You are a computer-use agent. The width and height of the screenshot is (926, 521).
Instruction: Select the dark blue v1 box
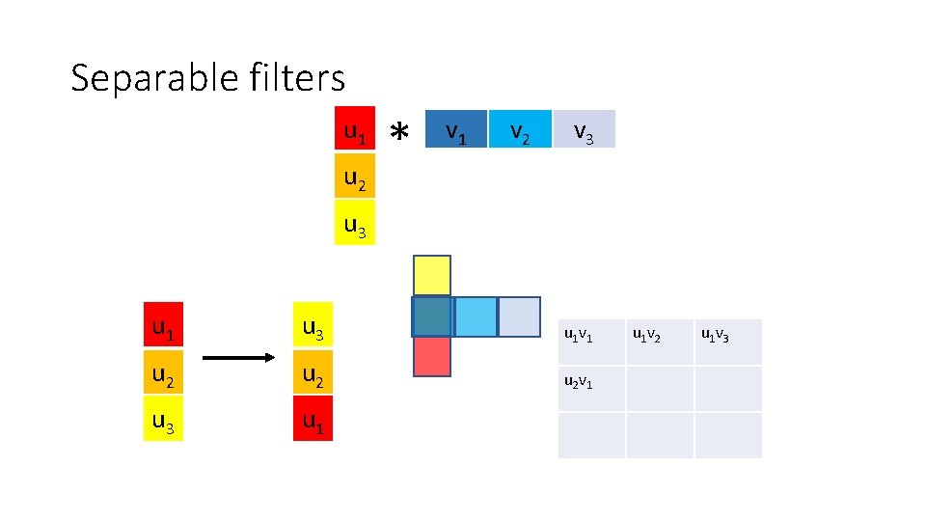tap(455, 129)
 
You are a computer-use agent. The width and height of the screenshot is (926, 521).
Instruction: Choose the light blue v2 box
tap(519, 129)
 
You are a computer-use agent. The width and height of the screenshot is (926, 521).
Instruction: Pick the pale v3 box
tap(584, 129)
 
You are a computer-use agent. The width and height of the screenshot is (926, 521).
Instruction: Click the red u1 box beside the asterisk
tap(355, 129)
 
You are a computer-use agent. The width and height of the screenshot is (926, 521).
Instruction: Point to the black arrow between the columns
tap(240, 358)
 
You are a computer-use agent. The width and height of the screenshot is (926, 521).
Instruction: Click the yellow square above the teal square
tap(432, 275)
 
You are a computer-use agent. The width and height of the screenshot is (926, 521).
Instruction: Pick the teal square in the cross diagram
tap(432, 316)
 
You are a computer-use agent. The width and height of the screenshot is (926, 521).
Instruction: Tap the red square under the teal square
tap(432, 356)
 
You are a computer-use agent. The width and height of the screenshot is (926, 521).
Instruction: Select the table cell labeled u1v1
tap(591, 342)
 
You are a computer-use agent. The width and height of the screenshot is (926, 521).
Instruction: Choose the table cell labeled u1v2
tap(660, 342)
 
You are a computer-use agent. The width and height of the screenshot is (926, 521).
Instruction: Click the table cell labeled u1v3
tap(728, 342)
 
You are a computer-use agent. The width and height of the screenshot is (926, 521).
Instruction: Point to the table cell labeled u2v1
tap(591, 388)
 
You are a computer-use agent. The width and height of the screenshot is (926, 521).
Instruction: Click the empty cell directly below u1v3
tap(728, 388)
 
